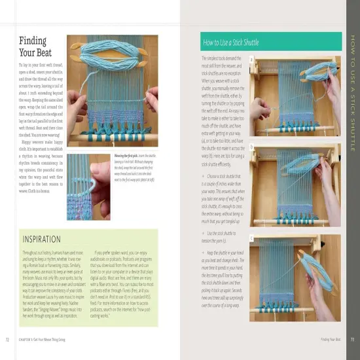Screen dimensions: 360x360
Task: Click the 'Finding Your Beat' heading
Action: coord(32,47)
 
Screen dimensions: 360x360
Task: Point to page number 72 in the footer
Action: coord(7,339)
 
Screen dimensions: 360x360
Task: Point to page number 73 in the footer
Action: coord(353,339)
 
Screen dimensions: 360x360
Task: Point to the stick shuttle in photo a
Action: coord(288,79)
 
